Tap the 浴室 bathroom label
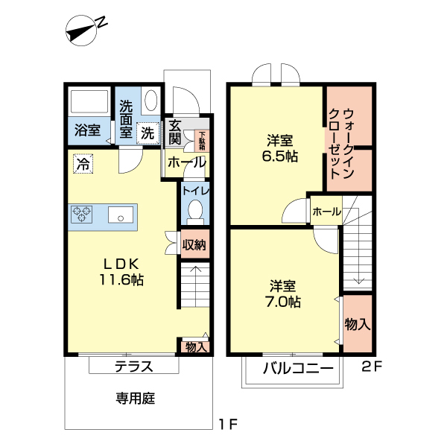(x=88, y=131)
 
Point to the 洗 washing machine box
(x=148, y=133)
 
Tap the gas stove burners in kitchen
(x=83, y=215)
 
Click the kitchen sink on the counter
(x=120, y=216)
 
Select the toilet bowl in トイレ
(x=195, y=211)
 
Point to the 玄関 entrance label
(x=175, y=132)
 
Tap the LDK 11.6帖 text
(x=122, y=272)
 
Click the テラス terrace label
(x=134, y=366)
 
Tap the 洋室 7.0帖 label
(x=284, y=294)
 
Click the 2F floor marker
(x=372, y=366)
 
